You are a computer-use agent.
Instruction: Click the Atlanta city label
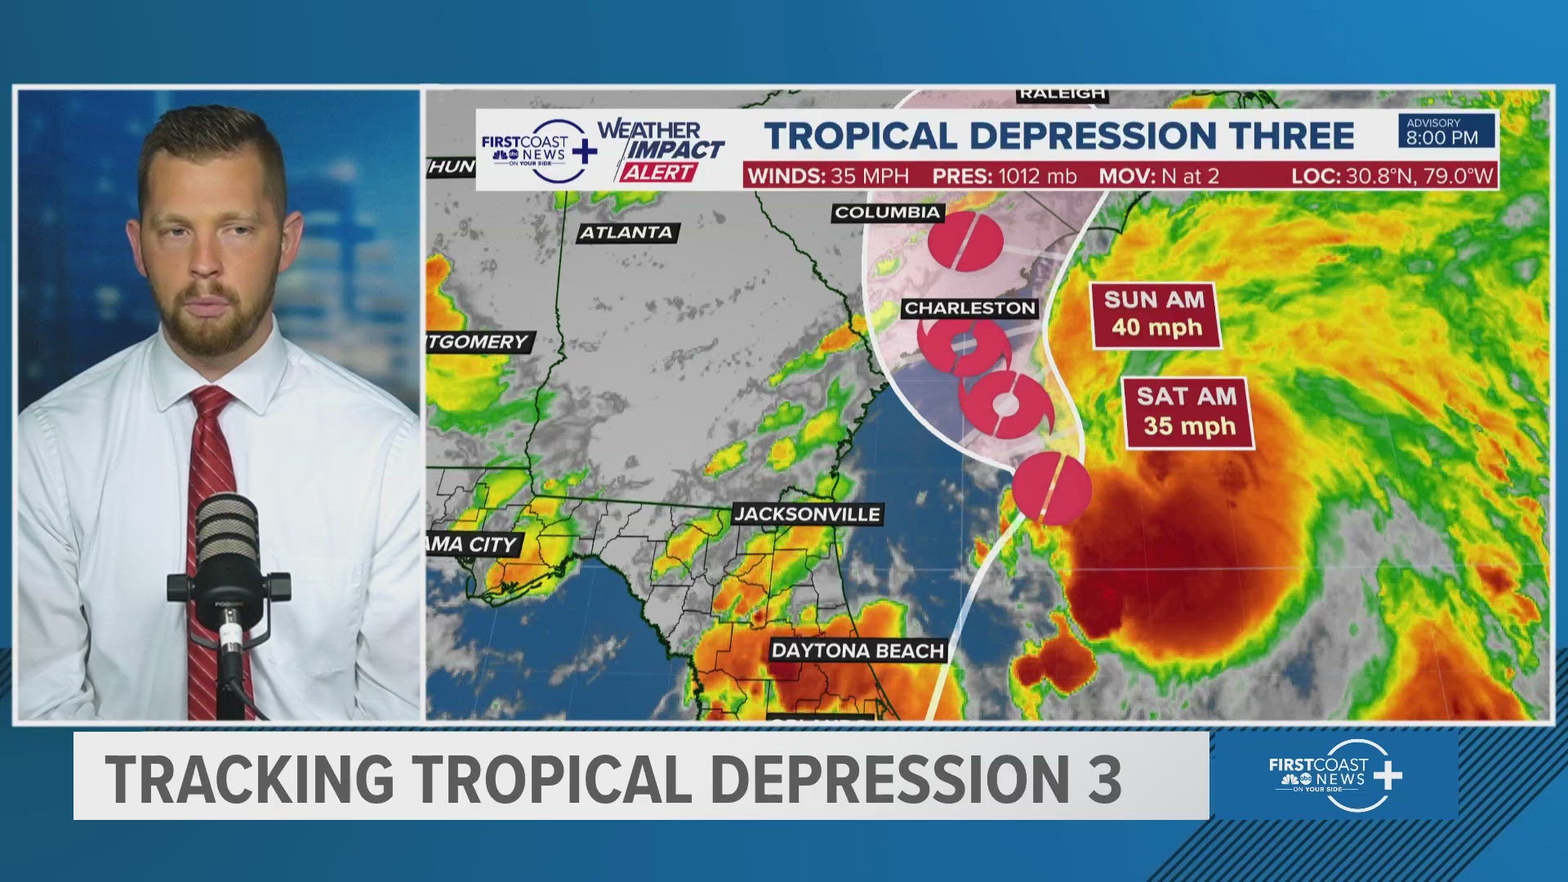(626, 233)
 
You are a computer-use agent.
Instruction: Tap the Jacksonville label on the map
(807, 514)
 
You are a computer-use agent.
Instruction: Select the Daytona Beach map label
(857, 651)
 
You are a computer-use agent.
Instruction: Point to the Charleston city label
(969, 308)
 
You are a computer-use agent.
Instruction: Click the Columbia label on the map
(887, 212)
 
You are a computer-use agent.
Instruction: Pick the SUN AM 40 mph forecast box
(1155, 315)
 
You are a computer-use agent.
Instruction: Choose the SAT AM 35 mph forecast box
(1188, 412)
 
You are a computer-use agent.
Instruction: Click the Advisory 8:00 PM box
(1445, 131)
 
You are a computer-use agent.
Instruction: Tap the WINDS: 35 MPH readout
(828, 176)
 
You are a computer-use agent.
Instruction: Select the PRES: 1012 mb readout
(1004, 176)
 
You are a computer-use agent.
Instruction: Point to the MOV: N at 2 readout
(1158, 176)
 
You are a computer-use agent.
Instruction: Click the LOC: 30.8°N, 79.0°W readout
(1392, 176)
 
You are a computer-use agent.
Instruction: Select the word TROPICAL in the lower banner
(552, 777)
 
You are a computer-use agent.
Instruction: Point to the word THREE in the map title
(1292, 136)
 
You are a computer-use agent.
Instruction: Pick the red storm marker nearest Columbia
(965, 242)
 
